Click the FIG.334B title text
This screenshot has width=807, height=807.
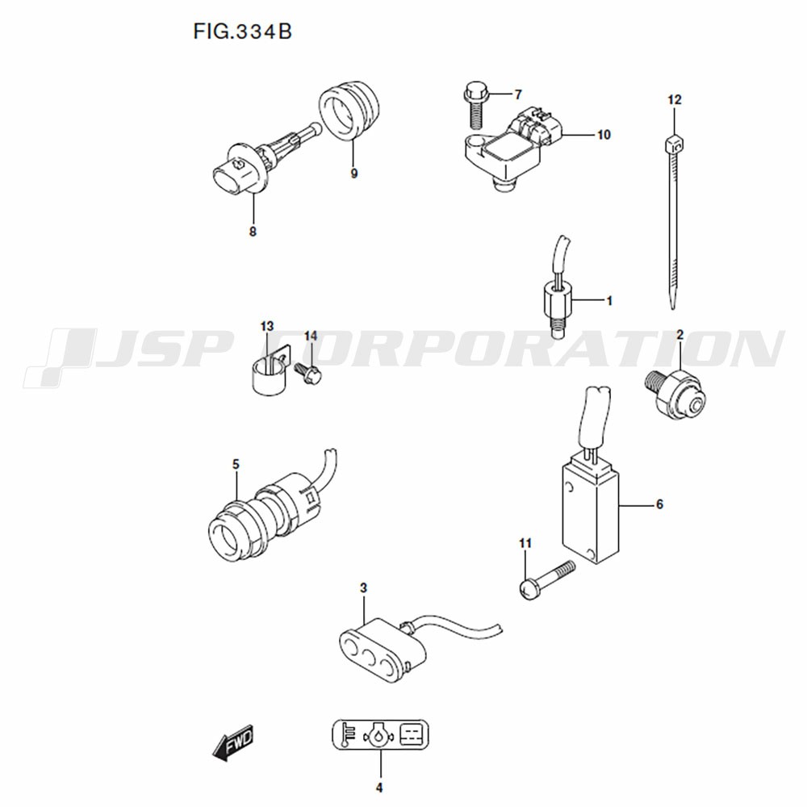[x=242, y=32]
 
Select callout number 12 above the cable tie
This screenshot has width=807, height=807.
[x=674, y=100]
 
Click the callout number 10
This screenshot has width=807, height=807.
[x=603, y=135]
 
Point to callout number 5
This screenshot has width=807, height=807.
[x=236, y=465]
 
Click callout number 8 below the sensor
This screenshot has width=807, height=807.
[x=253, y=232]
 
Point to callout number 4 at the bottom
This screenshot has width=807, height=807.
[x=379, y=788]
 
